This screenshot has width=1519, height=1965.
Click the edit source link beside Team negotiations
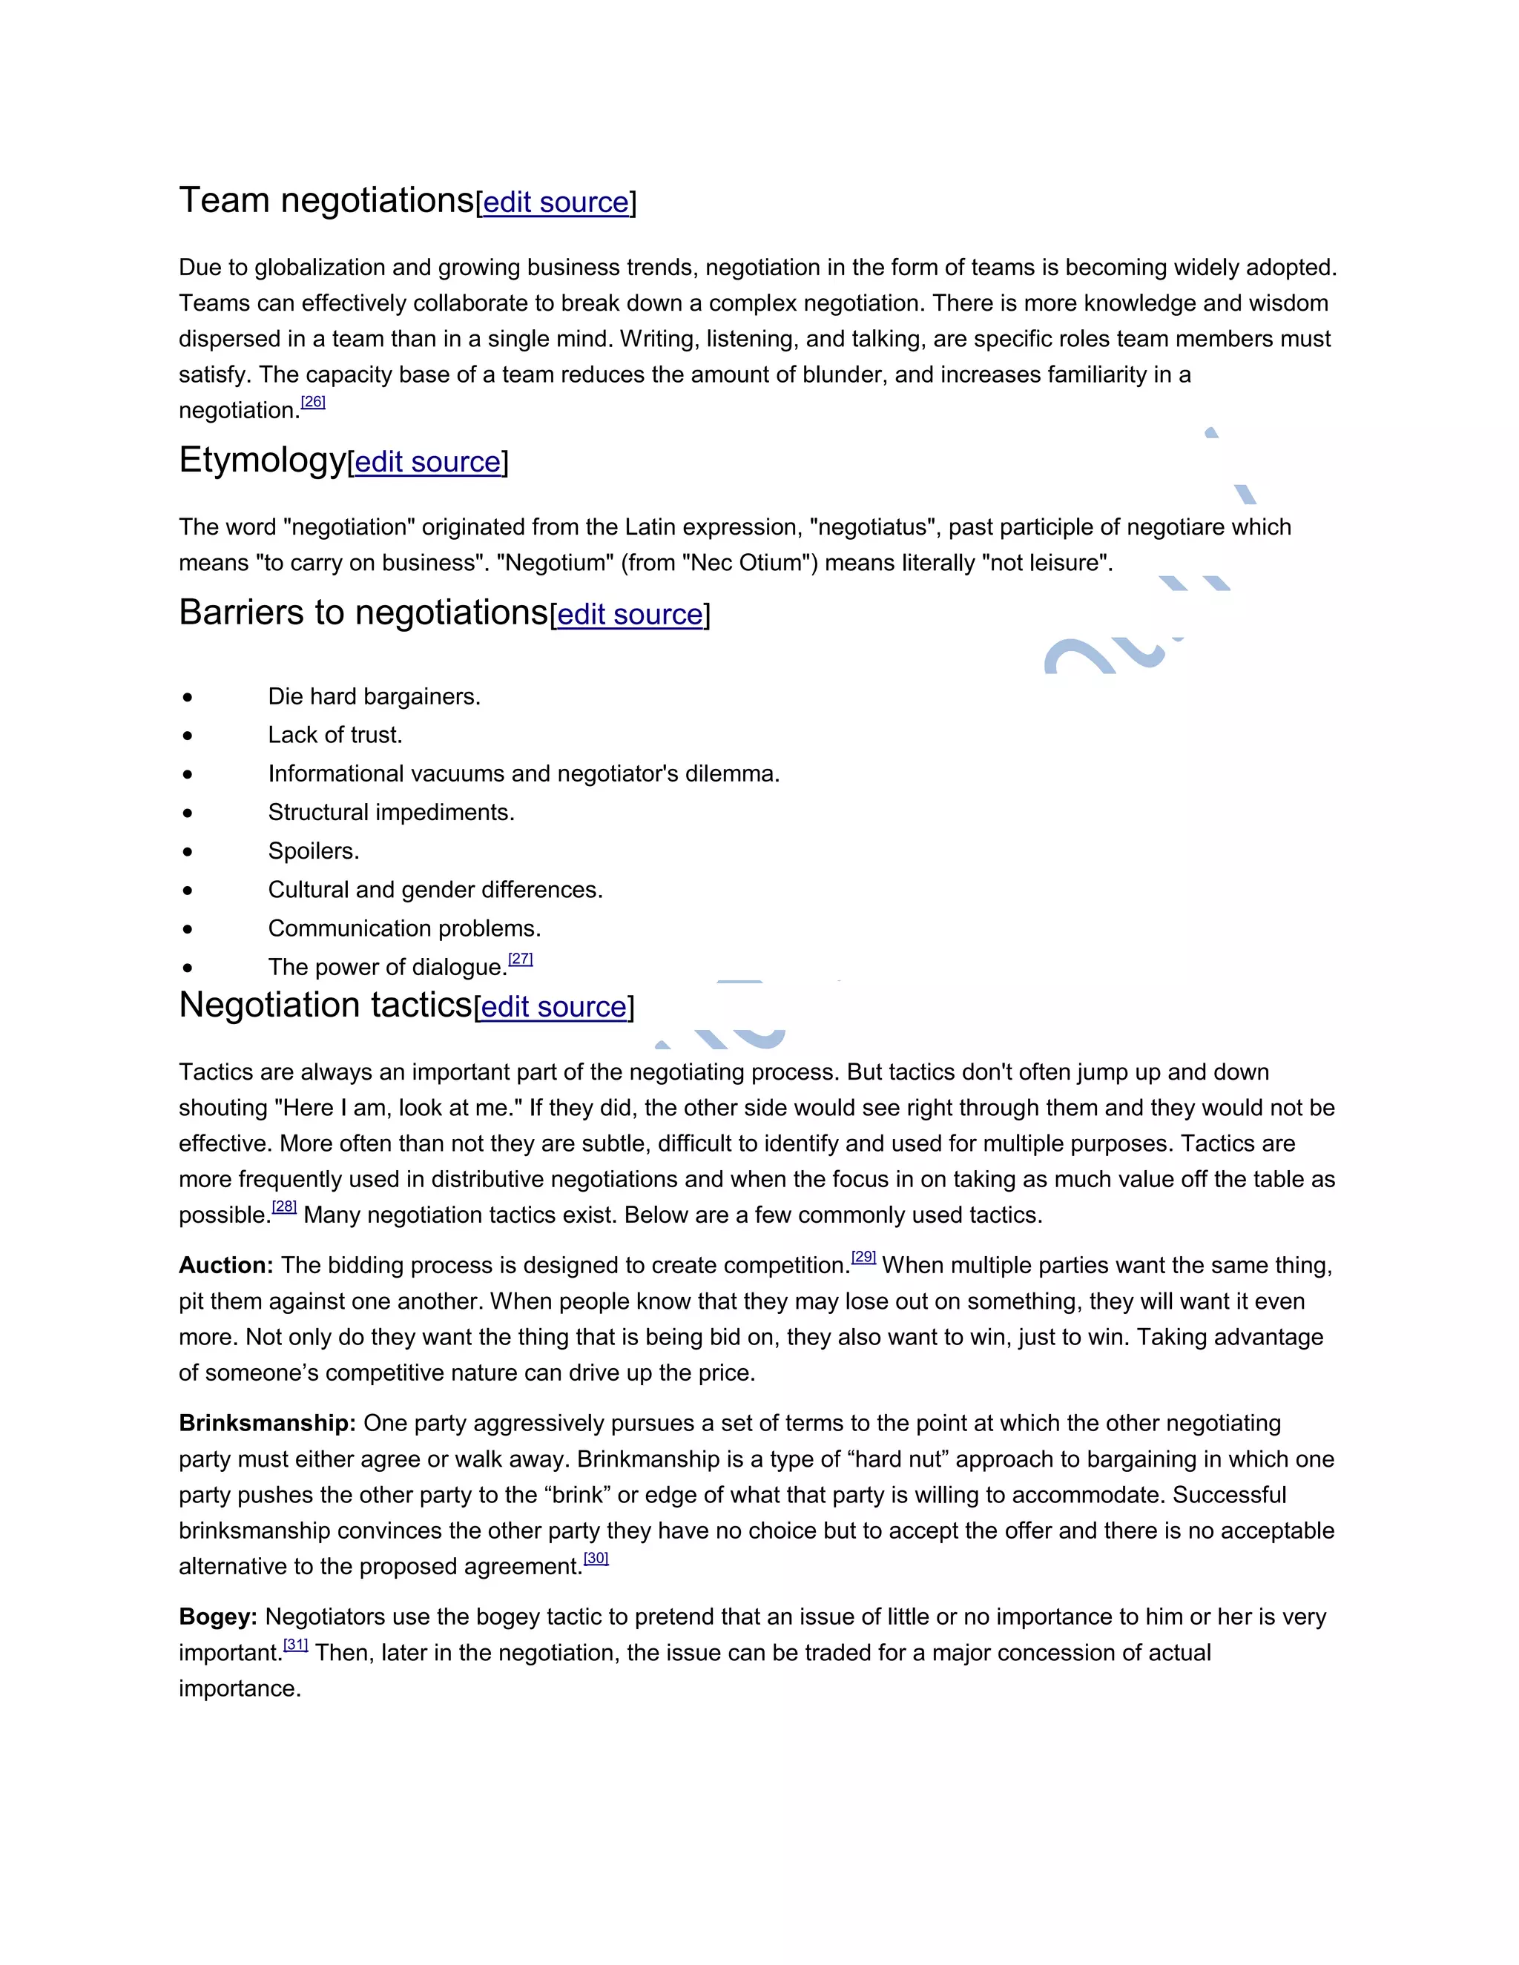pos(556,202)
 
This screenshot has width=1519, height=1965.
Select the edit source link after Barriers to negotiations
pos(630,615)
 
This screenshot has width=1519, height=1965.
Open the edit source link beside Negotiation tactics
pos(553,1007)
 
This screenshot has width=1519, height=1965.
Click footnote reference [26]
pos(313,402)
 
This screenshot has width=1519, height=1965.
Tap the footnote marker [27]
pos(520,959)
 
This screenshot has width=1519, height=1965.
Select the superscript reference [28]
pos(284,1207)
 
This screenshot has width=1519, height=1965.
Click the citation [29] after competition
pos(863,1258)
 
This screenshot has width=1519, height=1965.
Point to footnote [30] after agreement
pos(596,1559)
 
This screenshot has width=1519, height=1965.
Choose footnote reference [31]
pos(296,1645)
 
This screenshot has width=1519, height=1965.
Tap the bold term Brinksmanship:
pos(267,1424)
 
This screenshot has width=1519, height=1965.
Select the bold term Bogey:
pos(218,1616)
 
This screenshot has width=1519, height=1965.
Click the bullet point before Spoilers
pos(187,851)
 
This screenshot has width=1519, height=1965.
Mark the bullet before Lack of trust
pos(187,735)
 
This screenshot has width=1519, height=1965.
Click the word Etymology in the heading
pos(262,460)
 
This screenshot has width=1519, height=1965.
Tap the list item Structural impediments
pos(391,813)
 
